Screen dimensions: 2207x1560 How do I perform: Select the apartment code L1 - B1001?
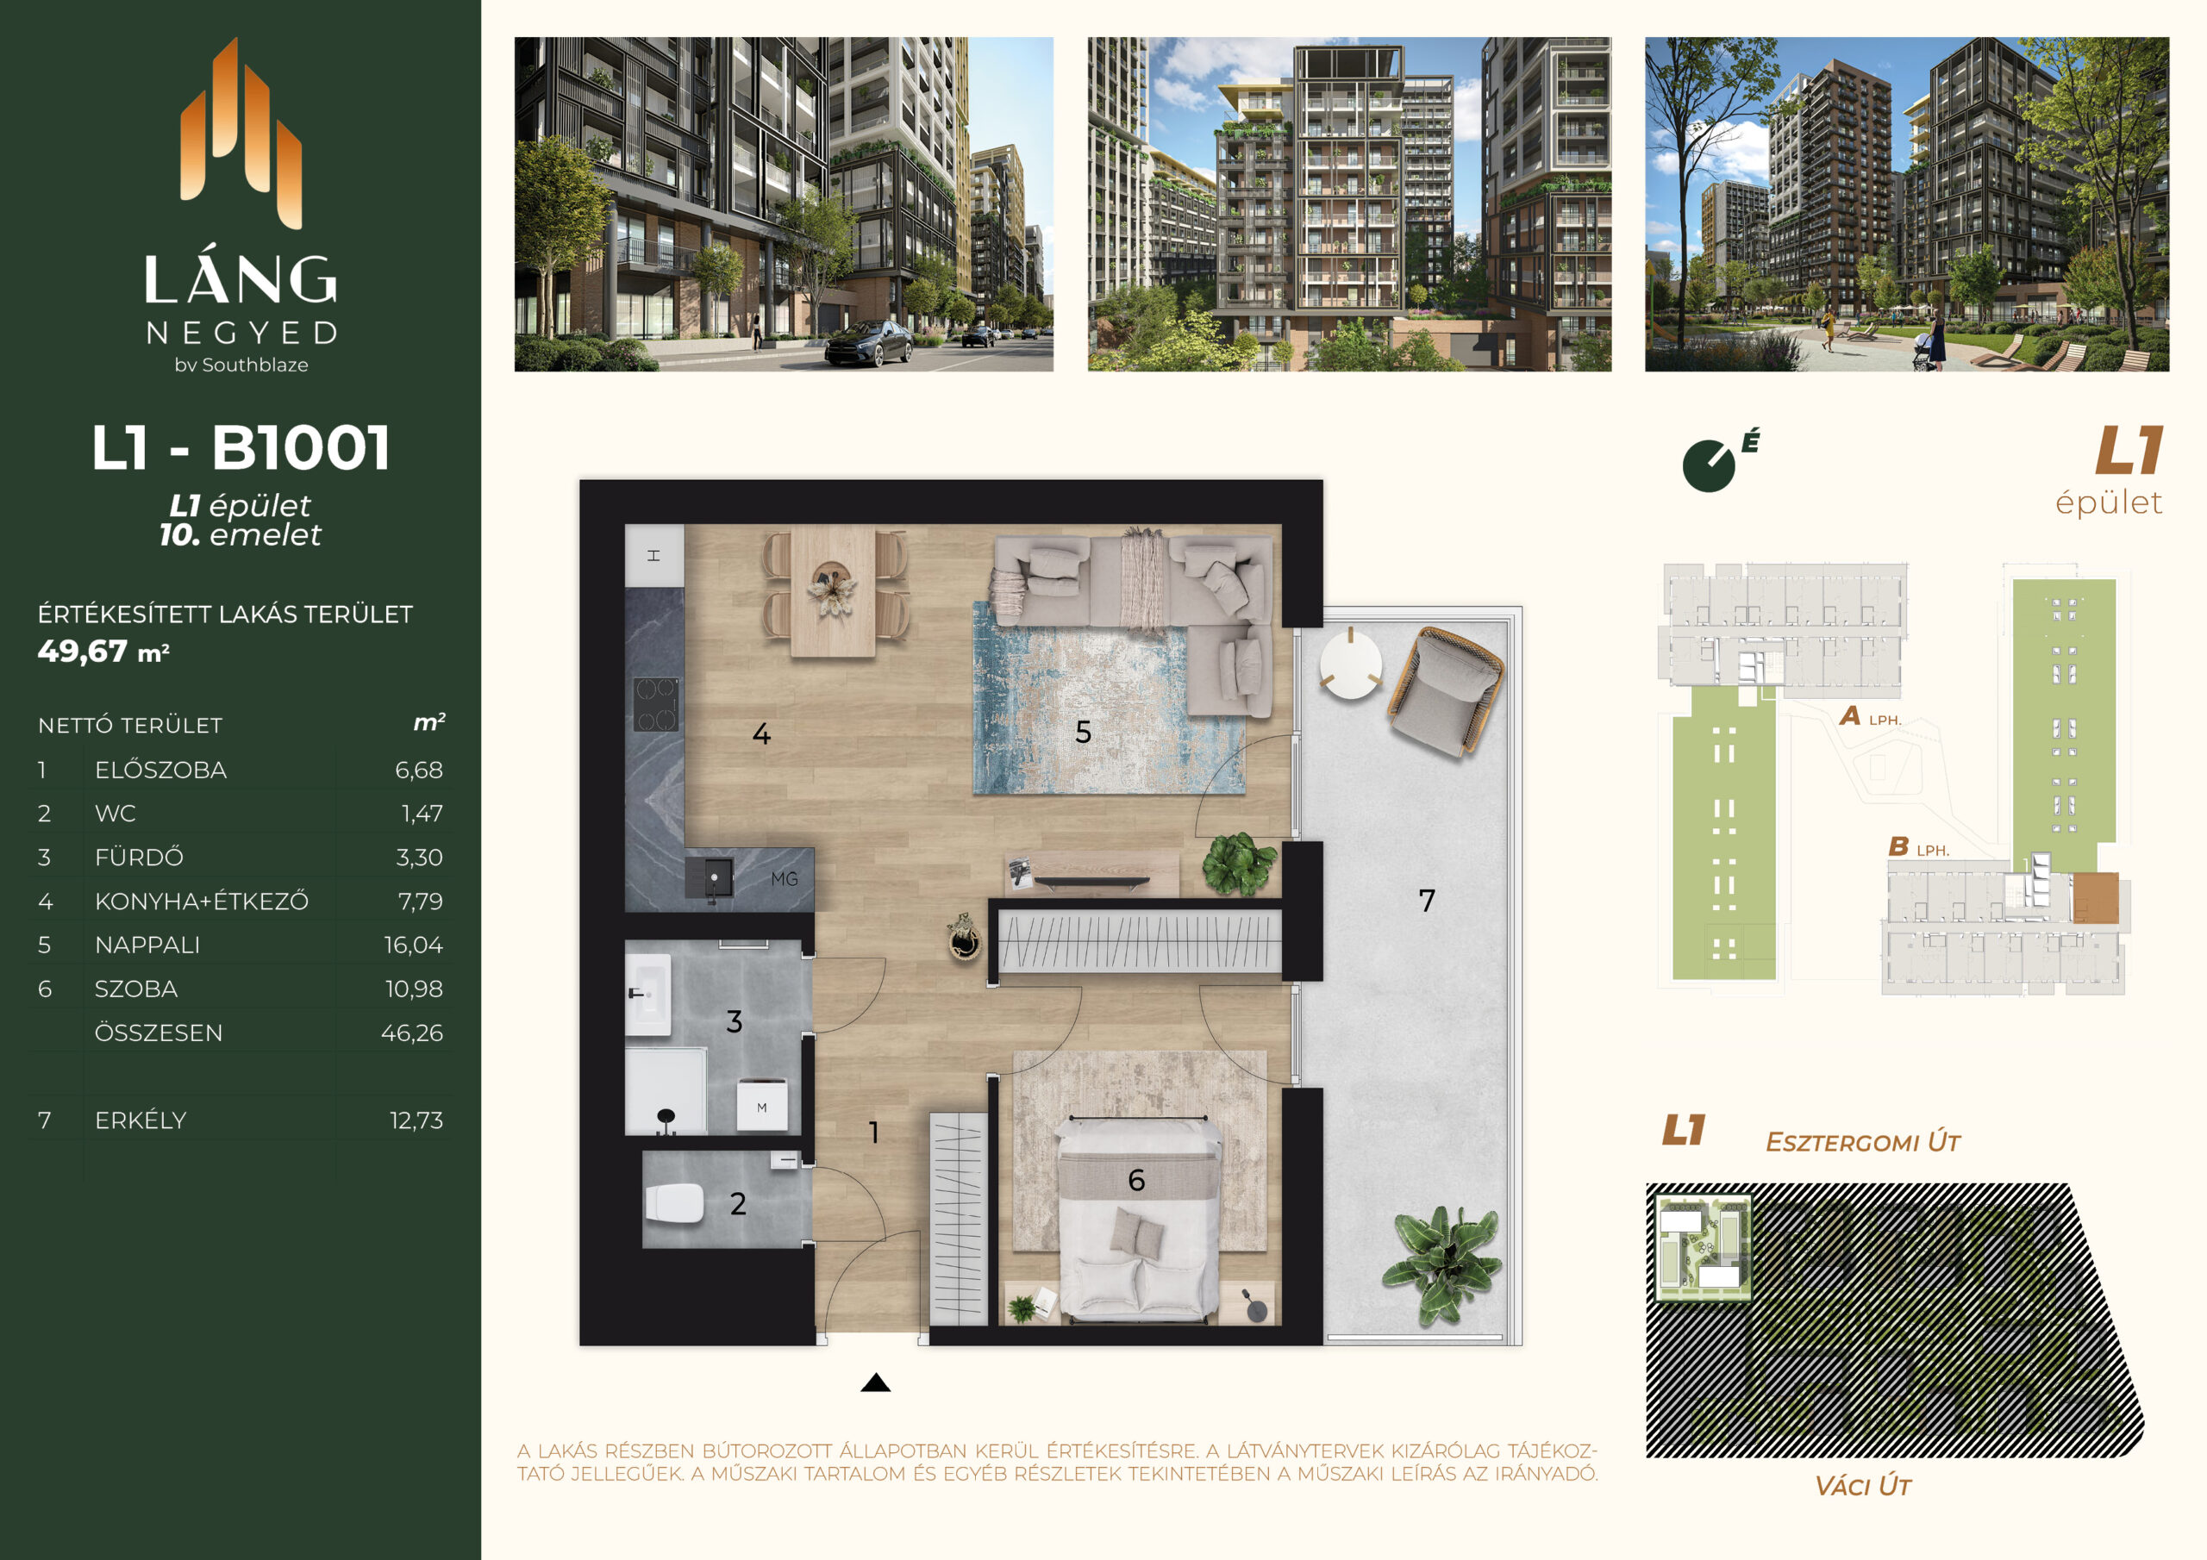pyautogui.click(x=241, y=447)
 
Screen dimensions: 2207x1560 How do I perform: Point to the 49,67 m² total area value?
pyautogui.click(x=103, y=652)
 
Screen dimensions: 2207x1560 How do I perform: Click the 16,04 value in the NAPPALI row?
pyautogui.click(x=413, y=945)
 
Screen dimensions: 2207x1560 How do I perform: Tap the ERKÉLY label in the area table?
pyautogui.click(x=141, y=1120)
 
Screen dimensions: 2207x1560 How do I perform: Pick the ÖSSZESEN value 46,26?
pyautogui.click(x=411, y=1033)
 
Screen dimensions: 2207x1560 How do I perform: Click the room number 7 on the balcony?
pyautogui.click(x=1427, y=901)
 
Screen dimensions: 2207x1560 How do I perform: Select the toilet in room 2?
pyautogui.click(x=675, y=1202)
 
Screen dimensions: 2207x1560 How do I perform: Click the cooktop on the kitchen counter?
pyautogui.click(x=655, y=703)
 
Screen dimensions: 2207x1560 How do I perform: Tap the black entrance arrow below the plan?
pyautogui.click(x=876, y=1382)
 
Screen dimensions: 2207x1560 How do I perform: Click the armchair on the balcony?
pyautogui.click(x=1445, y=690)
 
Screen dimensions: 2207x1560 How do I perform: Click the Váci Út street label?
pyautogui.click(x=1863, y=1486)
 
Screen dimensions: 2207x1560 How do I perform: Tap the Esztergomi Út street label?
pyautogui.click(x=1863, y=1142)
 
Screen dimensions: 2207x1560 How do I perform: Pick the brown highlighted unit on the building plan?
pyautogui.click(x=2095, y=898)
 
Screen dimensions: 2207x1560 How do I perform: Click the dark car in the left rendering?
pyautogui.click(x=868, y=343)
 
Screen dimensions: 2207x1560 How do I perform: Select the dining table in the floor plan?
pyautogui.click(x=834, y=590)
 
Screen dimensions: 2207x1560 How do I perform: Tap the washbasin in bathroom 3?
pyautogui.click(x=647, y=995)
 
